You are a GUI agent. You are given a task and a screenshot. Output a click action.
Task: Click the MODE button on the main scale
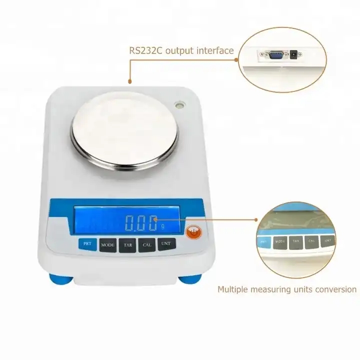click(107, 245)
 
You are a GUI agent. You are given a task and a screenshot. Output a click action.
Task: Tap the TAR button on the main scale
click(127, 245)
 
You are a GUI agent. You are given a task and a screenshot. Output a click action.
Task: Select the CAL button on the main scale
click(147, 245)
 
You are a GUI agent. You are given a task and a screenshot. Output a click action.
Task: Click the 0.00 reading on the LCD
click(140, 223)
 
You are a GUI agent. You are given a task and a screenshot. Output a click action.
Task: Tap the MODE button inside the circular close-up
click(280, 241)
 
